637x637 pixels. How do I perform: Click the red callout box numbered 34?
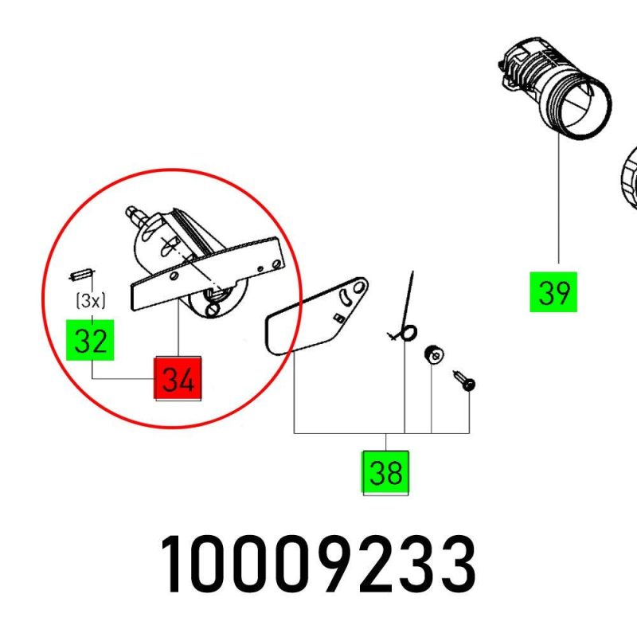[x=178, y=377]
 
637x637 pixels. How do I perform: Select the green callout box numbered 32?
[x=90, y=340]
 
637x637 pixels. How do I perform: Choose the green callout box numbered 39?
[x=553, y=291]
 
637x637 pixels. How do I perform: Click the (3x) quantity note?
[x=91, y=301]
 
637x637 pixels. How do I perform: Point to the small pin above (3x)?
[x=81, y=274]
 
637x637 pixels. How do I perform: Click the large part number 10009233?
[x=318, y=565]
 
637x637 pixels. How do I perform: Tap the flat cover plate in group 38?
[x=316, y=315]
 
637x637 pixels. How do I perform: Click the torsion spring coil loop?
[x=408, y=333]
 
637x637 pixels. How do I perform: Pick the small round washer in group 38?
[x=434, y=355]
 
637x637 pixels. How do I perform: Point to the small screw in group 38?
[x=464, y=381]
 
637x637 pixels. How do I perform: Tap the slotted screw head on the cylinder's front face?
[x=213, y=310]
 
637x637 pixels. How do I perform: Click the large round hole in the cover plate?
[x=359, y=287]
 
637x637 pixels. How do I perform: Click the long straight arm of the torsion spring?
[x=408, y=299]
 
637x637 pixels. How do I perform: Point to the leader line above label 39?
[x=559, y=200]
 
